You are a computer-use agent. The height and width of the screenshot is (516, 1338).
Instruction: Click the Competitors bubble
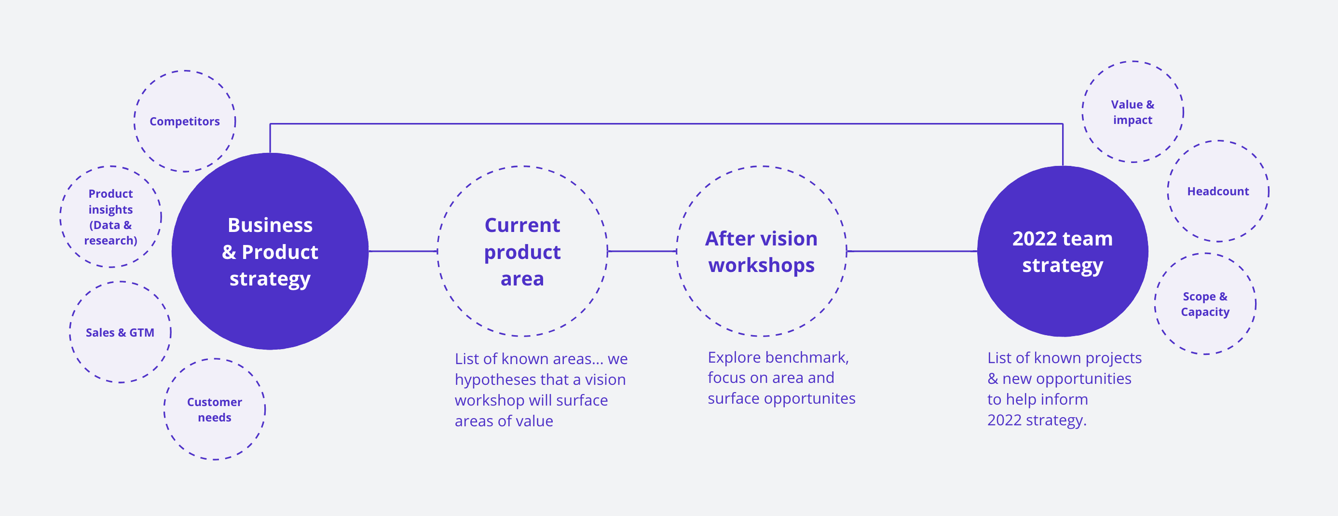point(185,121)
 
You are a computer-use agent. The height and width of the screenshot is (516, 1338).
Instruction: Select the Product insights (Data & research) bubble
point(110,217)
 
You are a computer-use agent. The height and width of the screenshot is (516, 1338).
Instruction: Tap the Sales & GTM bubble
point(121,332)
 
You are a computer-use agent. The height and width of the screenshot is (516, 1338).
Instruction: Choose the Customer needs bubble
point(215,409)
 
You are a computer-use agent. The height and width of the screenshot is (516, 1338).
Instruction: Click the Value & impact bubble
point(1133,112)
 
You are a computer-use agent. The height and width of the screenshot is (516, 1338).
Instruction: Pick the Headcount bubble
point(1218,191)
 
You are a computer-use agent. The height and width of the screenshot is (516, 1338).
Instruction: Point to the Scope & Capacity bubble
point(1205,304)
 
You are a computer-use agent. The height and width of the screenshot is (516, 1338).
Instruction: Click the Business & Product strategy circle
point(270,251)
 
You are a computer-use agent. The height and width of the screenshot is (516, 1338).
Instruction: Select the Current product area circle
point(522,251)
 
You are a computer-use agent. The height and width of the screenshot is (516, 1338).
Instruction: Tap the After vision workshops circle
point(762,251)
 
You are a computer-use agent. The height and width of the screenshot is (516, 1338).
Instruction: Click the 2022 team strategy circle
point(1063,251)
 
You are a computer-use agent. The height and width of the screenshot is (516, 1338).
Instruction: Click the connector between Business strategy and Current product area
point(403,251)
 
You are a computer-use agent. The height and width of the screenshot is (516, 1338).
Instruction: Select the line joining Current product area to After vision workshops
point(642,251)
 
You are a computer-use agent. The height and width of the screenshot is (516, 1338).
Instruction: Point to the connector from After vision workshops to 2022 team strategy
point(912,251)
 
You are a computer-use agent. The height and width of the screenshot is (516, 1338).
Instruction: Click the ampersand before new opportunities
point(993,379)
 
